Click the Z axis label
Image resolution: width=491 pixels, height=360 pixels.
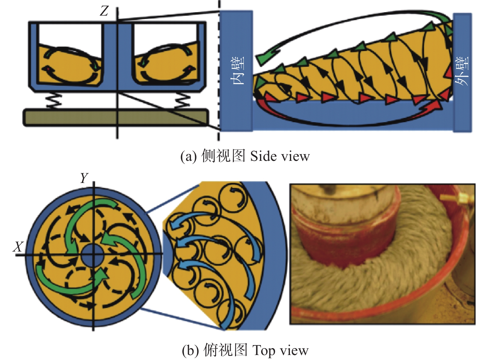[104, 11]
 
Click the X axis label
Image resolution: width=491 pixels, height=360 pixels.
[18, 247]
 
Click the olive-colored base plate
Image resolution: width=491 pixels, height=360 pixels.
[116, 118]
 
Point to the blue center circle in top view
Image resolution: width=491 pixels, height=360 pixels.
[93, 256]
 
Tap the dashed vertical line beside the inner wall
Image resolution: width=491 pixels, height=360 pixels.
[219, 70]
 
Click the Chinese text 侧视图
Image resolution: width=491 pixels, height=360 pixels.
[223, 156]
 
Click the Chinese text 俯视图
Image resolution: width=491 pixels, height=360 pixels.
[226, 350]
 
